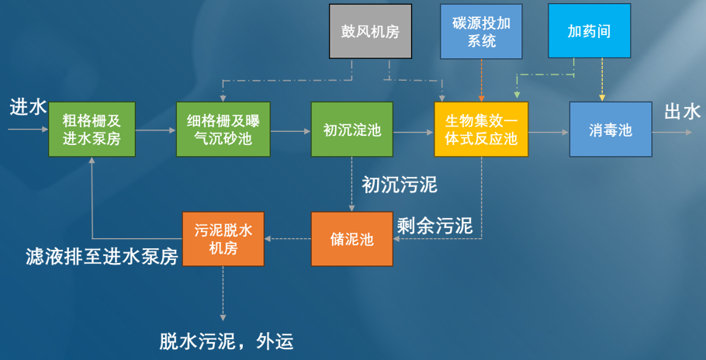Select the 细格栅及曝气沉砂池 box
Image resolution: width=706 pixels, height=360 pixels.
tap(223, 129)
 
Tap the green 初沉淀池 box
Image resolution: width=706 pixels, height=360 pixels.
tap(351, 129)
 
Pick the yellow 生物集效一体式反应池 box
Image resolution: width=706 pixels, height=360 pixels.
tap(480, 129)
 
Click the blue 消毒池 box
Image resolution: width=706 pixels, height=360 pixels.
tap(611, 129)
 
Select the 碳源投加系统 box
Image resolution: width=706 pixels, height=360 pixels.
tap(482, 31)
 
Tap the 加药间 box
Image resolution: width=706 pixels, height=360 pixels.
tap(590, 31)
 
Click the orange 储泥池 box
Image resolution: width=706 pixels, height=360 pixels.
tap(352, 239)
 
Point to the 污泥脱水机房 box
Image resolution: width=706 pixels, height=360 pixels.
tap(223, 239)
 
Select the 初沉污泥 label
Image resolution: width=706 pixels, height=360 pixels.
tap(400, 185)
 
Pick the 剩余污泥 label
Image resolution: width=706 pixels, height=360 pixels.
tap(434, 226)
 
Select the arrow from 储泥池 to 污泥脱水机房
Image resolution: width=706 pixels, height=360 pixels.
tap(288, 239)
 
